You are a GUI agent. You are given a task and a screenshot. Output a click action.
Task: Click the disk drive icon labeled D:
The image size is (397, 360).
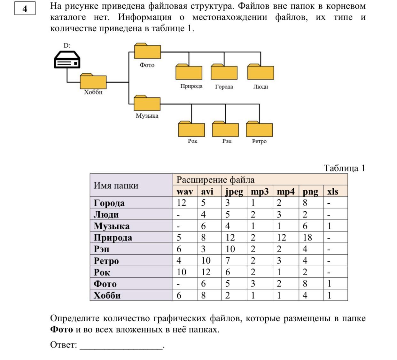67,60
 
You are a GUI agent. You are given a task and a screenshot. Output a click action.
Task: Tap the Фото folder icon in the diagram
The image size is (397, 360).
147,51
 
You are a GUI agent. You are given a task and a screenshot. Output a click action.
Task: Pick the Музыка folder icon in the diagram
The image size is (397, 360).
147,103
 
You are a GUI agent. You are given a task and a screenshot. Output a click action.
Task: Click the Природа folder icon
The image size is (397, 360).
189,72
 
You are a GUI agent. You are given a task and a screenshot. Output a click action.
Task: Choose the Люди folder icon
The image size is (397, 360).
261,72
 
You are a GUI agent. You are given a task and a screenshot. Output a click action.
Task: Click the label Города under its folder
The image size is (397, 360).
224,87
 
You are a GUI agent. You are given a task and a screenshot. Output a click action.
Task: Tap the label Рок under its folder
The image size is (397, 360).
192,141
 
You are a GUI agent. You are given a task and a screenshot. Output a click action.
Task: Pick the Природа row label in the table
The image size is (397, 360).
113,238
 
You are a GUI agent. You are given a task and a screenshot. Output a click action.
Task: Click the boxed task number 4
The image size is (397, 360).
25,9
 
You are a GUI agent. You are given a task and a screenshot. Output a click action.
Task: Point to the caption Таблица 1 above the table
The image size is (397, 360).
344,168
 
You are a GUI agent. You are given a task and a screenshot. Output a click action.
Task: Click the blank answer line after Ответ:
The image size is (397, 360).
121,346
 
